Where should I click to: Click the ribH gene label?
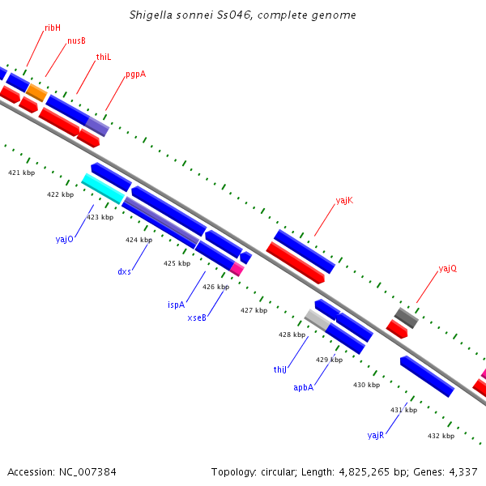click(53, 28)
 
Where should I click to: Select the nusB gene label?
click(76, 40)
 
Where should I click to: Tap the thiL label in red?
click(104, 57)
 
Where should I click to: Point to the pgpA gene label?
click(136, 75)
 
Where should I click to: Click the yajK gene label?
click(344, 201)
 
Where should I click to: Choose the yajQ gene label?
click(448, 268)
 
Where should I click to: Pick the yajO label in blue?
click(65, 239)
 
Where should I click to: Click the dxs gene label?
click(124, 272)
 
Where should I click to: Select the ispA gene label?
click(176, 305)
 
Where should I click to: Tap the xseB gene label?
click(197, 318)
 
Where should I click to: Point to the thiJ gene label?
click(280, 370)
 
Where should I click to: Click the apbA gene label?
click(304, 388)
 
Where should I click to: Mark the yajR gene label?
click(376, 436)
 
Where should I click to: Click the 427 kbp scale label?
click(254, 310)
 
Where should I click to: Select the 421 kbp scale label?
click(21, 173)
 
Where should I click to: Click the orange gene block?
click(36, 92)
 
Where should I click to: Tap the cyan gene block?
click(103, 189)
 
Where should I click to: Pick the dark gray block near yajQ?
click(407, 318)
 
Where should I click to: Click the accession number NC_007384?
click(87, 472)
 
